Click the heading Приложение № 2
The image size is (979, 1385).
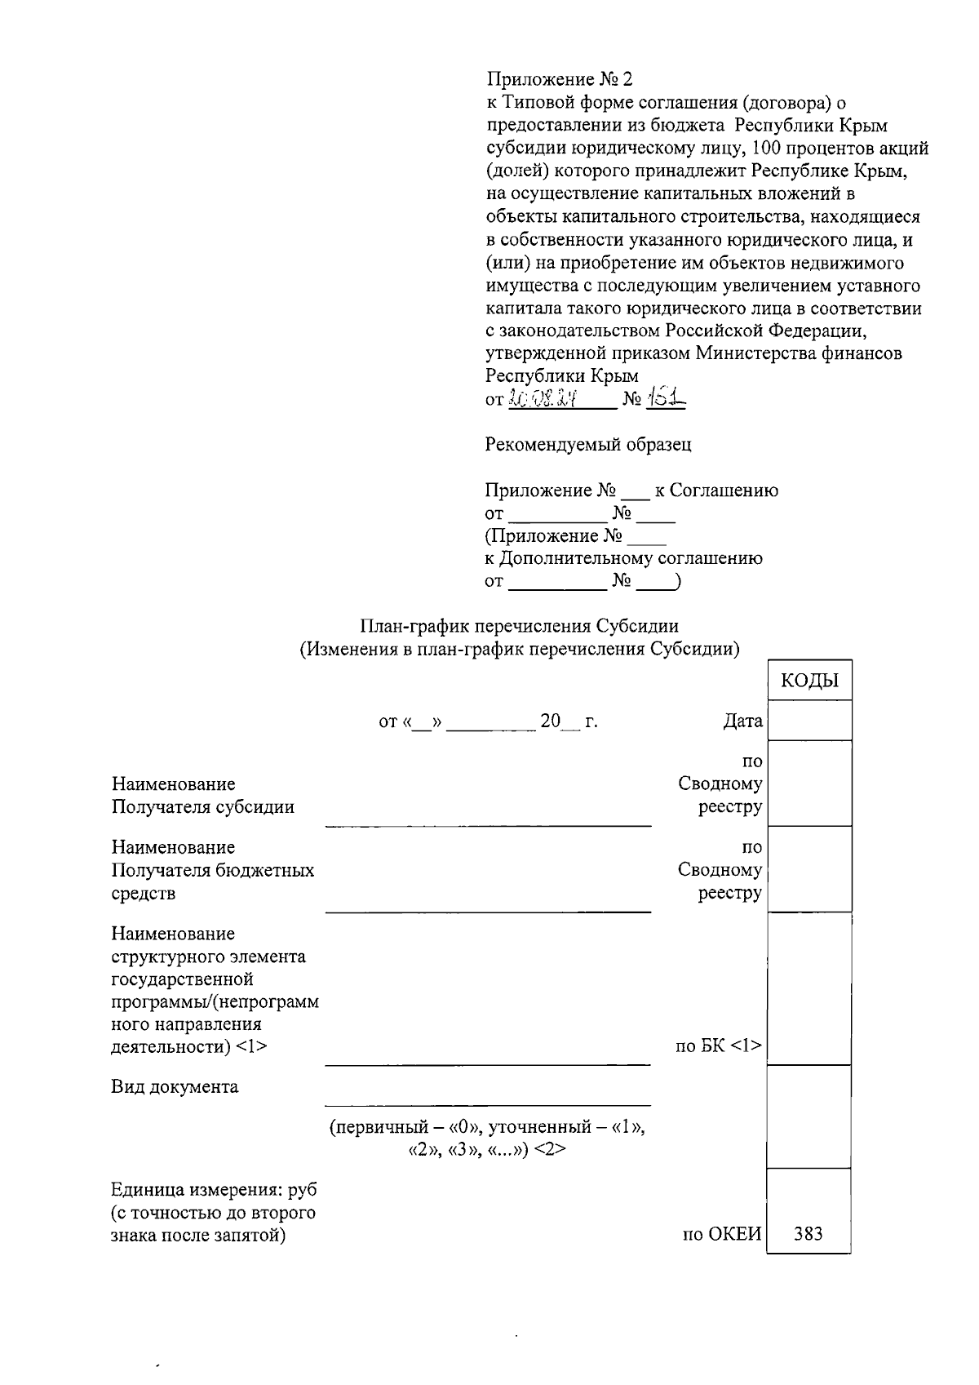(559, 80)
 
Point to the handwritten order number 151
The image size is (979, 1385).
(666, 398)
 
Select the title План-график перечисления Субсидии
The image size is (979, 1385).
(520, 627)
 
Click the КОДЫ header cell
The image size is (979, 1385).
(809, 681)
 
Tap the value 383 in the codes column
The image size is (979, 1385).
(808, 1233)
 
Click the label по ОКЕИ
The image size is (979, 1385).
(721, 1234)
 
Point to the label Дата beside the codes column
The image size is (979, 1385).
(742, 721)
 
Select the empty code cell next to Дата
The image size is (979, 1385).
(809, 721)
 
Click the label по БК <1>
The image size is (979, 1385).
(718, 1045)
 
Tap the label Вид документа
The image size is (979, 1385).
(175, 1087)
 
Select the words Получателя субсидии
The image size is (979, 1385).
(202, 807)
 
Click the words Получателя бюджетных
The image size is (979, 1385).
(212, 871)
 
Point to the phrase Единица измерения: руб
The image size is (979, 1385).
(214, 1190)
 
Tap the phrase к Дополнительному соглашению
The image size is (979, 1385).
(623, 559)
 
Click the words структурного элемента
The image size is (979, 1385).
(208, 957)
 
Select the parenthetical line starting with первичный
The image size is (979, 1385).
(487, 1127)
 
